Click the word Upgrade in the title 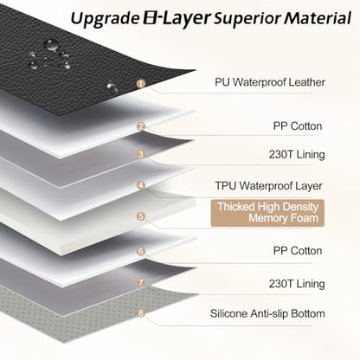105,19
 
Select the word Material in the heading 318,18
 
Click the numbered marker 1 141,84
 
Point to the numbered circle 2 141,126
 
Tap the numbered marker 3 141,154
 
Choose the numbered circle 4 141,185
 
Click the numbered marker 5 141,216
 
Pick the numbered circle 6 141,251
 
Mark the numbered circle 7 141,282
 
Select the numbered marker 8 141,312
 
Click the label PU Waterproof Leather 270,82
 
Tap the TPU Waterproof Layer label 268,186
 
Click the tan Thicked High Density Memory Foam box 267,213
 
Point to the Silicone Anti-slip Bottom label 267,313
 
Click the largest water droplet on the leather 51,45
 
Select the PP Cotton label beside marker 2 298,126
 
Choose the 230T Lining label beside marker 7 297,284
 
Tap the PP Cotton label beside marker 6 298,251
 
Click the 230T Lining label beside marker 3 297,154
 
